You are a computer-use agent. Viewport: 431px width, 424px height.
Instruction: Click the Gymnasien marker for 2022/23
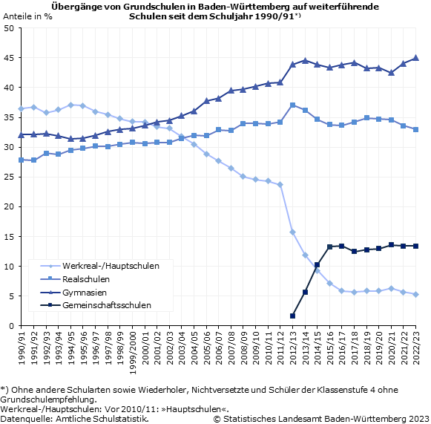click(415, 58)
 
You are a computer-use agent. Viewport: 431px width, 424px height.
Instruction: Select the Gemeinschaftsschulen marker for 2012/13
click(292, 316)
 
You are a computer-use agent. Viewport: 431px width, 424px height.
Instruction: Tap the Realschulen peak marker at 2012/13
click(292, 105)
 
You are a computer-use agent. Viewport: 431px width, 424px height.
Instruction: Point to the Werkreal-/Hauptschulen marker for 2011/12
click(280, 185)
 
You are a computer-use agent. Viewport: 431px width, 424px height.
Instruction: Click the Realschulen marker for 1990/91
click(22, 160)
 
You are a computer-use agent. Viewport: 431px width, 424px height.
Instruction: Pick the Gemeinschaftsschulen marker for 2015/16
click(329, 247)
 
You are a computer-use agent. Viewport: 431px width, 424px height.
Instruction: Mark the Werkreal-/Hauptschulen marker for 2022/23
click(415, 294)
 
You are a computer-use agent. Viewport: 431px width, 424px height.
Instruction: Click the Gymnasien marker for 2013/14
click(305, 61)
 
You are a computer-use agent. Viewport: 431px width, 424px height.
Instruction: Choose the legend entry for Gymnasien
click(73, 293)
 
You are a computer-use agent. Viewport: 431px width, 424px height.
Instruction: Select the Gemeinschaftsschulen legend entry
click(96, 305)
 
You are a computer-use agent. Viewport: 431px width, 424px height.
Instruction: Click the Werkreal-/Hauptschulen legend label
click(111, 266)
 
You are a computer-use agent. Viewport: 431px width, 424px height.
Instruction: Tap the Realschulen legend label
click(86, 279)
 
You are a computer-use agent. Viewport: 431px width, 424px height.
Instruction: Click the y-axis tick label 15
click(9, 237)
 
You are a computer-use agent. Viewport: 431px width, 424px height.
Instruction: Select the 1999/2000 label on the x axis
click(133, 353)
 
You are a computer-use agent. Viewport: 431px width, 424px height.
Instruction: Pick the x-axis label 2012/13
click(293, 348)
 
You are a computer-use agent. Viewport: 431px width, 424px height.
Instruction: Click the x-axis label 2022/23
click(416, 348)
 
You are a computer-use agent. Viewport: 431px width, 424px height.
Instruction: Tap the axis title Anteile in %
click(27, 16)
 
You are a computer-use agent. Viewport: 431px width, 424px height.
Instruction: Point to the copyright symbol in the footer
click(217, 419)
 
